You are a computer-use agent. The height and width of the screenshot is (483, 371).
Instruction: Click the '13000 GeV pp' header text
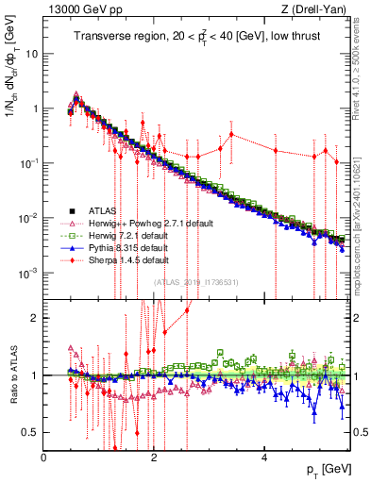(x=76, y=10)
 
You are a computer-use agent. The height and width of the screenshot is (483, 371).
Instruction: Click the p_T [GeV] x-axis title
(x=328, y=471)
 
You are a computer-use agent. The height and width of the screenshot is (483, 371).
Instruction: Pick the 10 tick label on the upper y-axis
(x=32, y=53)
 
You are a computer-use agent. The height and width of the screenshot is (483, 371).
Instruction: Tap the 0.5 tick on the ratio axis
(x=31, y=432)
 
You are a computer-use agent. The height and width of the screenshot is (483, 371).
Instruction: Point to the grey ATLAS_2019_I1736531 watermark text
(x=196, y=282)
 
